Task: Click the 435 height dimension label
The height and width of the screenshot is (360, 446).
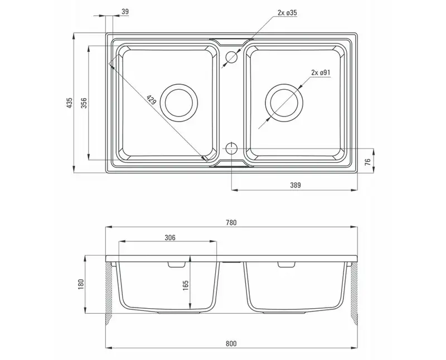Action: pos(70,103)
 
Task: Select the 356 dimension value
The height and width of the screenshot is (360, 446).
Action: pos(84,103)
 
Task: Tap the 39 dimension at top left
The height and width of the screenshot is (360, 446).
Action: pos(125,12)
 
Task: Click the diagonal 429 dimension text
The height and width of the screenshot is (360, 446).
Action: pos(151,100)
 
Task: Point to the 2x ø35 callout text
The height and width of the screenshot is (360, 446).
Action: pos(287,12)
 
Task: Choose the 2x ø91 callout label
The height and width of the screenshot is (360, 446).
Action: pos(321,72)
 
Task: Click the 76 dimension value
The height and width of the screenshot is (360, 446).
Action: pos(368,162)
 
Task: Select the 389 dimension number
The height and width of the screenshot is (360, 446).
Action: pos(295,185)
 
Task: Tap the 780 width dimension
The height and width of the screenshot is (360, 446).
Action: pos(231,223)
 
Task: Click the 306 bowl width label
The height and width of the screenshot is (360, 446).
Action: pos(170,237)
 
